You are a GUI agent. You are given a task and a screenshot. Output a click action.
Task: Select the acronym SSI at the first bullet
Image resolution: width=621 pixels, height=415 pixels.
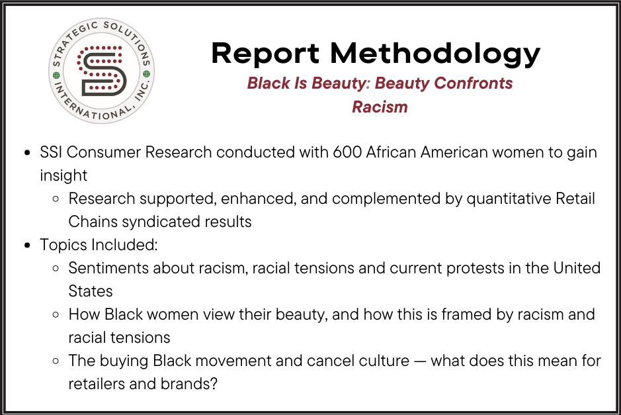pos(52,152)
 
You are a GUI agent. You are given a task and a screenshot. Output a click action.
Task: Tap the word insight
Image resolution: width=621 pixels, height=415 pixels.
pos(63,175)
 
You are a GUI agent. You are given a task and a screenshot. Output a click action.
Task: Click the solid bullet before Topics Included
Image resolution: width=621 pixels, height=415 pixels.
pos(27,246)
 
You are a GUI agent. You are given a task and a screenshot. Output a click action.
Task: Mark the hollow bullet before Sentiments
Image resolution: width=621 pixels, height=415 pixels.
pos(56,269)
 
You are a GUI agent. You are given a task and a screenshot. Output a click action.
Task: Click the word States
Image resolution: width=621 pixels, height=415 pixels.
pos(91,291)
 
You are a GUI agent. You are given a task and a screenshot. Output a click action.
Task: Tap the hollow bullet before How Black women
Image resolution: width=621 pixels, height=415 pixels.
pos(56,315)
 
